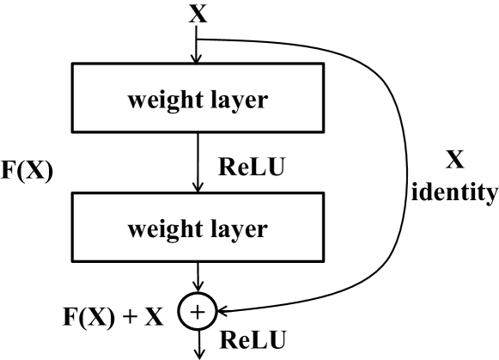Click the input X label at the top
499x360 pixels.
tap(198, 15)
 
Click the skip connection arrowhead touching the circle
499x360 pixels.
tap(221, 307)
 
